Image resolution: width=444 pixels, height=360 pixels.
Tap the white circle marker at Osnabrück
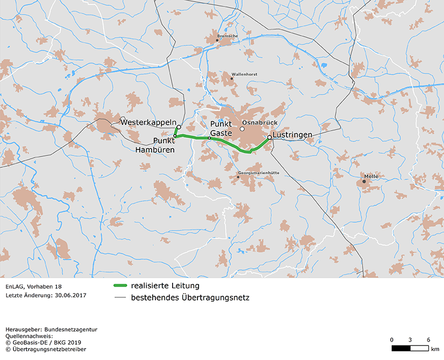(x=242, y=129)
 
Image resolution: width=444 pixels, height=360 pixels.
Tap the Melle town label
(x=371, y=176)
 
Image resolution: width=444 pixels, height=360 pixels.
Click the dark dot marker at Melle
(x=364, y=181)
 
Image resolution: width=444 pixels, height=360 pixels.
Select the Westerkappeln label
(x=149, y=123)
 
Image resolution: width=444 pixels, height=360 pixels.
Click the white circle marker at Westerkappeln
(x=179, y=127)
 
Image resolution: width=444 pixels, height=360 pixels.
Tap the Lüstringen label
(x=293, y=135)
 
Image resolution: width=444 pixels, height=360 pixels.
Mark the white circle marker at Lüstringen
(x=269, y=137)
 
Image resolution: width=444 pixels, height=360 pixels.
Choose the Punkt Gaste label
(x=221, y=128)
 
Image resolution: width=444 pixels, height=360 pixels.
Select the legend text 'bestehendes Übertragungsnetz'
(x=190, y=297)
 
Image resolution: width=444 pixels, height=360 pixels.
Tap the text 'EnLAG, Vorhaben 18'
(x=33, y=286)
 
